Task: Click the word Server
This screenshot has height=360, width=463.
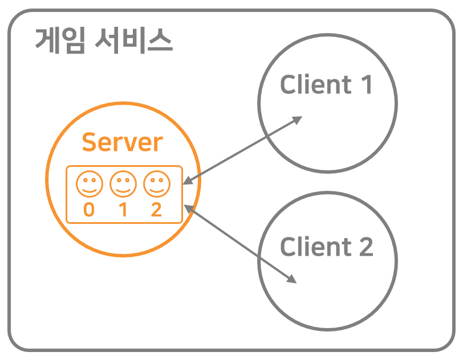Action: pyautogui.click(x=123, y=142)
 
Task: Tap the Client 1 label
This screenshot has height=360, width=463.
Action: pyautogui.click(x=326, y=85)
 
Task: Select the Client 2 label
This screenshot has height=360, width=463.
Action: pyautogui.click(x=326, y=247)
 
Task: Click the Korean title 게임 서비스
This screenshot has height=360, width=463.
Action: pyautogui.click(x=104, y=41)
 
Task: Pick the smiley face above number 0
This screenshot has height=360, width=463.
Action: pyautogui.click(x=90, y=183)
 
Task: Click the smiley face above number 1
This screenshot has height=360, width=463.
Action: pyautogui.click(x=123, y=183)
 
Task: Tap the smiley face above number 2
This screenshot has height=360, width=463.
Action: pyautogui.click(x=157, y=183)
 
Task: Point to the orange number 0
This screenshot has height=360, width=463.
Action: pyautogui.click(x=89, y=210)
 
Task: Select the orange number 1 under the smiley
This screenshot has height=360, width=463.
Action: pyautogui.click(x=123, y=210)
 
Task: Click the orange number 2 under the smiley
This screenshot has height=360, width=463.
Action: pyautogui.click(x=157, y=210)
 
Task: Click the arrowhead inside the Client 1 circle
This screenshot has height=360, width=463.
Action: pyautogui.click(x=297, y=120)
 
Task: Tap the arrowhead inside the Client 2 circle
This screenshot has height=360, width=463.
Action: pyautogui.click(x=292, y=279)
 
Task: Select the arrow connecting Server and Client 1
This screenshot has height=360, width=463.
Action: pyautogui.click(x=242, y=151)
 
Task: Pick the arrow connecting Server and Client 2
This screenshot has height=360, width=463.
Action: pyautogui.click(x=239, y=243)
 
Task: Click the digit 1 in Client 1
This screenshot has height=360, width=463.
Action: pyautogui.click(x=365, y=85)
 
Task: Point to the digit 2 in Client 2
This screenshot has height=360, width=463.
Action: pyautogui.click(x=365, y=247)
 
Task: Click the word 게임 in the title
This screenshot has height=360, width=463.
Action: pyautogui.click(x=56, y=41)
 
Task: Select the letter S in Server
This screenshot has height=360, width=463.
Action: pyautogui.click(x=89, y=142)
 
